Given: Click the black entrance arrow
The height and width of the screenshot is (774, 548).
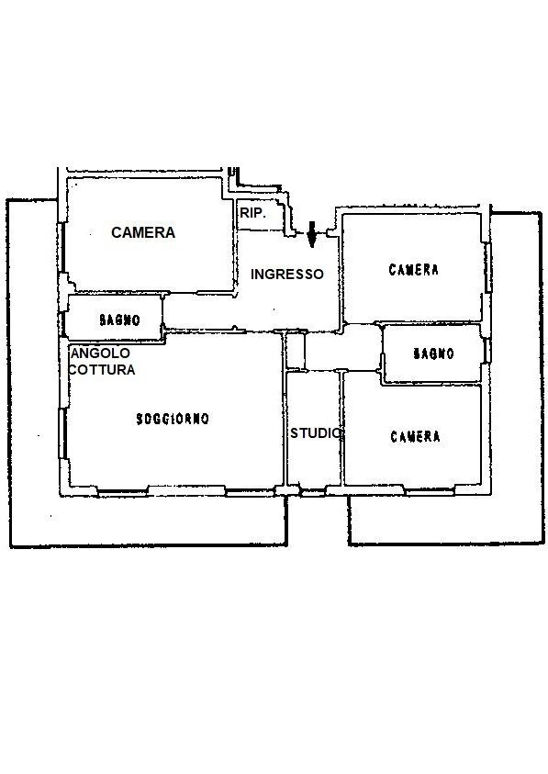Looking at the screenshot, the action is coord(311,234).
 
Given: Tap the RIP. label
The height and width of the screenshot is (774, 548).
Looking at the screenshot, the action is coord(253,213).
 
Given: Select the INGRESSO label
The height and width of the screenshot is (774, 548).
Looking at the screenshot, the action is coord(286,274).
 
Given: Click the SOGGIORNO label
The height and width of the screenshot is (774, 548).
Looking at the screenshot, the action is coord(173,419).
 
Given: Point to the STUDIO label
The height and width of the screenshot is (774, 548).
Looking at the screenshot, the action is coord(316,432).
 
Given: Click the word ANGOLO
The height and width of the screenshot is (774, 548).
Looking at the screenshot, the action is coord(100,353).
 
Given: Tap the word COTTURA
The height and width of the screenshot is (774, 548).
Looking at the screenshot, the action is coord(102,369).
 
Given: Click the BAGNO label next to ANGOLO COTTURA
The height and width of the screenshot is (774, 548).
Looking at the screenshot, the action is coord(119,320).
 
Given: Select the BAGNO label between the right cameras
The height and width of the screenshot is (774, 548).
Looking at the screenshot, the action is coord(433,353).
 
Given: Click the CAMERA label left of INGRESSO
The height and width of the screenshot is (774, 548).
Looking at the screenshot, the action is coord(143,232).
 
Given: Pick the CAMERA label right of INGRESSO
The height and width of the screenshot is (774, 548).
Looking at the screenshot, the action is coord(413,270).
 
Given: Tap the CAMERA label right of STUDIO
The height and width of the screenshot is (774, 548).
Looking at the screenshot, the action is coord(415,436).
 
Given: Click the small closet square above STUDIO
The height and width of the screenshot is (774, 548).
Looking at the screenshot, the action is coord(296,351).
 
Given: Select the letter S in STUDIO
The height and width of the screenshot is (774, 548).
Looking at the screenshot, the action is coord(295,432).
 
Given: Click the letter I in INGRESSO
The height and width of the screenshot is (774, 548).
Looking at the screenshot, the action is coord(252,274).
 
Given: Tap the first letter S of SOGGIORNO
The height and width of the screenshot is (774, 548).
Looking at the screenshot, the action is coord(140,419).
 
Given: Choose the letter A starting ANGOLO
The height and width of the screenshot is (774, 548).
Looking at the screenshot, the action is coord(75,353).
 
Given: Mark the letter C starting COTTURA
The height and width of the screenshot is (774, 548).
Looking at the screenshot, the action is coord(73,369).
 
